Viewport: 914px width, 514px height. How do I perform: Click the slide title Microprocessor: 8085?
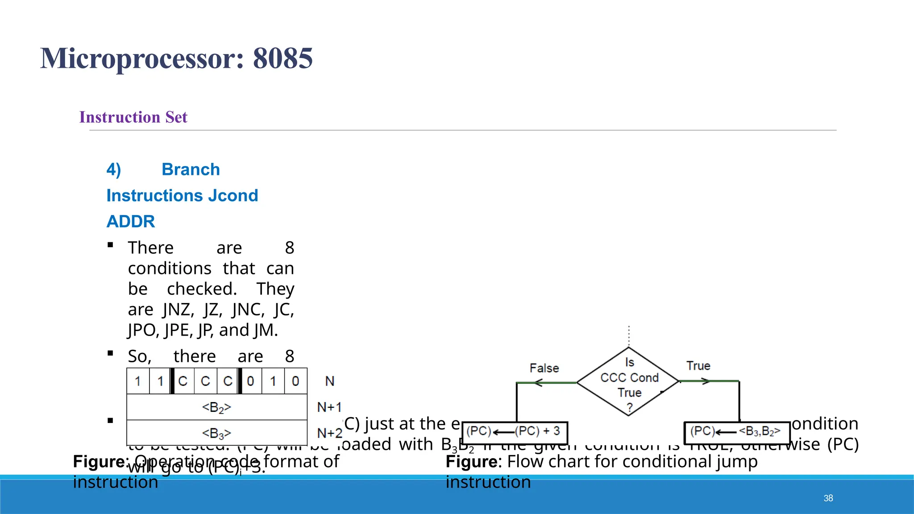point(176,58)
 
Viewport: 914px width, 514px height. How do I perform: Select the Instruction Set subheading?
point(133,117)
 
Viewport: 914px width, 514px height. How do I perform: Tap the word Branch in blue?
point(191,170)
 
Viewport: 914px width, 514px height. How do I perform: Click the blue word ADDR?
point(131,221)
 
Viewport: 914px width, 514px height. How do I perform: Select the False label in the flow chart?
point(544,368)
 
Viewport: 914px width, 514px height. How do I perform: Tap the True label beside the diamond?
point(698,366)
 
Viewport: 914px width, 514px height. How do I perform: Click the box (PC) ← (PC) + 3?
point(515,432)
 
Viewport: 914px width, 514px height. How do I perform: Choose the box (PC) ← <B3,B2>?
point(737,432)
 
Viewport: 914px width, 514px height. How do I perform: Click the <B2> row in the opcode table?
point(217,407)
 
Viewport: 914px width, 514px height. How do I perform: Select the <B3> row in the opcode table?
point(217,433)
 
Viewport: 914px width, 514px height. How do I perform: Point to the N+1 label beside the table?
point(329,407)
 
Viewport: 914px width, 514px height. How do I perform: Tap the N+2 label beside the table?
point(329,433)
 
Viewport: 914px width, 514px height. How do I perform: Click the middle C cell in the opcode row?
point(205,381)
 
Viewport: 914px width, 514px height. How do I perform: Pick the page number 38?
point(828,498)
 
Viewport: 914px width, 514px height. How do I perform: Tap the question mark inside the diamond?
point(629,407)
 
